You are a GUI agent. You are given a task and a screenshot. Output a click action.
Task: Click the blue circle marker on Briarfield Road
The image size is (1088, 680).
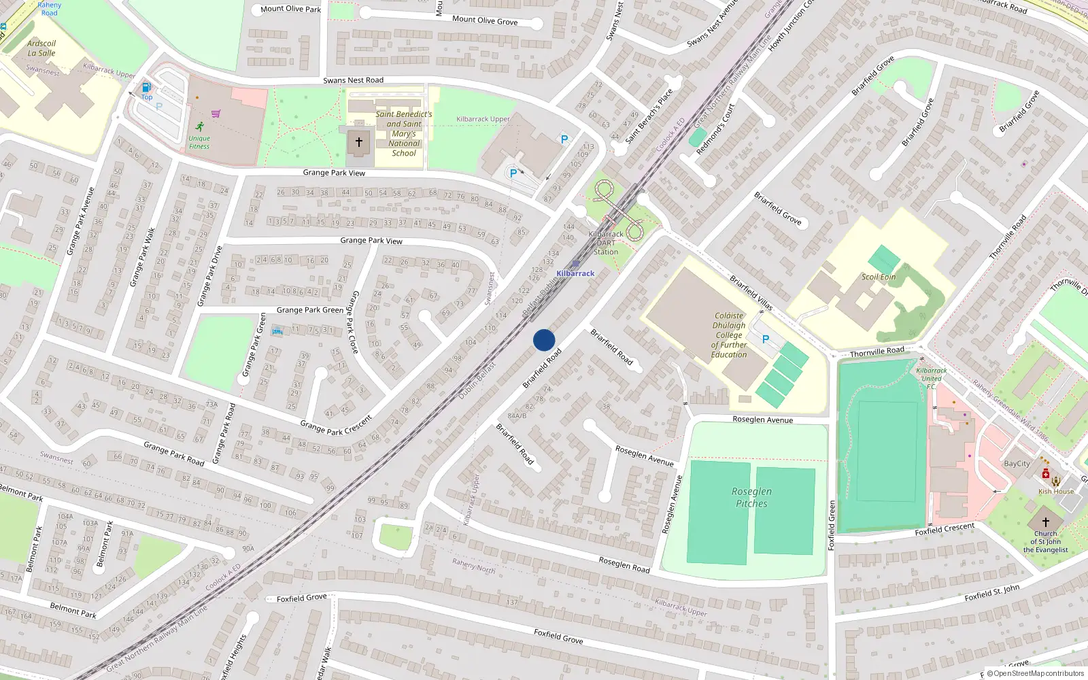tap(544, 340)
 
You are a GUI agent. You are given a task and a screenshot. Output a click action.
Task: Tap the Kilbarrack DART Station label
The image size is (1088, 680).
tap(606, 243)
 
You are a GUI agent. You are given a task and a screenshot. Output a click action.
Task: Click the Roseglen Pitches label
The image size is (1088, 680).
tap(751, 498)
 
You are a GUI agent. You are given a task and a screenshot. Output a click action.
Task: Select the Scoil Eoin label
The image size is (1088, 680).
tap(879, 277)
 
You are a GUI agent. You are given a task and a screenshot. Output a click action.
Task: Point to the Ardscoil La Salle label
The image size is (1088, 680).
tap(41, 48)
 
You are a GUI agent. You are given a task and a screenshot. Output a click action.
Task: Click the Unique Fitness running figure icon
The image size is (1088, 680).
tap(199, 126)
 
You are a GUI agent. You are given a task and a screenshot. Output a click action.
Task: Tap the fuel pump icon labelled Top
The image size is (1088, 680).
tap(146, 88)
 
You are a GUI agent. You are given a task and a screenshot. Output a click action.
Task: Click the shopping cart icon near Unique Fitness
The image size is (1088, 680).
tap(216, 114)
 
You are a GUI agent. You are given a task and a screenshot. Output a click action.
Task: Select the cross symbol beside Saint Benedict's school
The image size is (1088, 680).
tap(359, 142)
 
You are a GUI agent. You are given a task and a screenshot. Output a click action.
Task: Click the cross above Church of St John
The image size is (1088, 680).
tap(1046, 522)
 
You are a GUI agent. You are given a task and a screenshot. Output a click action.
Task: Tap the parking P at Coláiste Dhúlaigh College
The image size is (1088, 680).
tap(766, 339)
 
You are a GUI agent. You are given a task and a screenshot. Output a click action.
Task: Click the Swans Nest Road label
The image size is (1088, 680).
tap(353, 80)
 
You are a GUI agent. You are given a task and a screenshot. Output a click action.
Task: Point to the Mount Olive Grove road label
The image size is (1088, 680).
tap(485, 20)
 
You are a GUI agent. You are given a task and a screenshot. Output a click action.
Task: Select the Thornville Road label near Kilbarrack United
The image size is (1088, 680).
tap(877, 352)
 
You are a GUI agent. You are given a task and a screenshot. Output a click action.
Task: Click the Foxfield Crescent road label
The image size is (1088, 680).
tap(945, 528)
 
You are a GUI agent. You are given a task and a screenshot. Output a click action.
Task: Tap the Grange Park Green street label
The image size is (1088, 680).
tap(309, 310)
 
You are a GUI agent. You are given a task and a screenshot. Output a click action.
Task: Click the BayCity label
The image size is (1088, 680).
tap(1017, 464)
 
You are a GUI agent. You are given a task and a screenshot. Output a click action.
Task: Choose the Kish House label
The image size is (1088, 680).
tap(1056, 492)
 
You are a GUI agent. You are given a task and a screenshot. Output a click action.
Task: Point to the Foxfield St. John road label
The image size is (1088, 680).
tap(992, 592)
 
